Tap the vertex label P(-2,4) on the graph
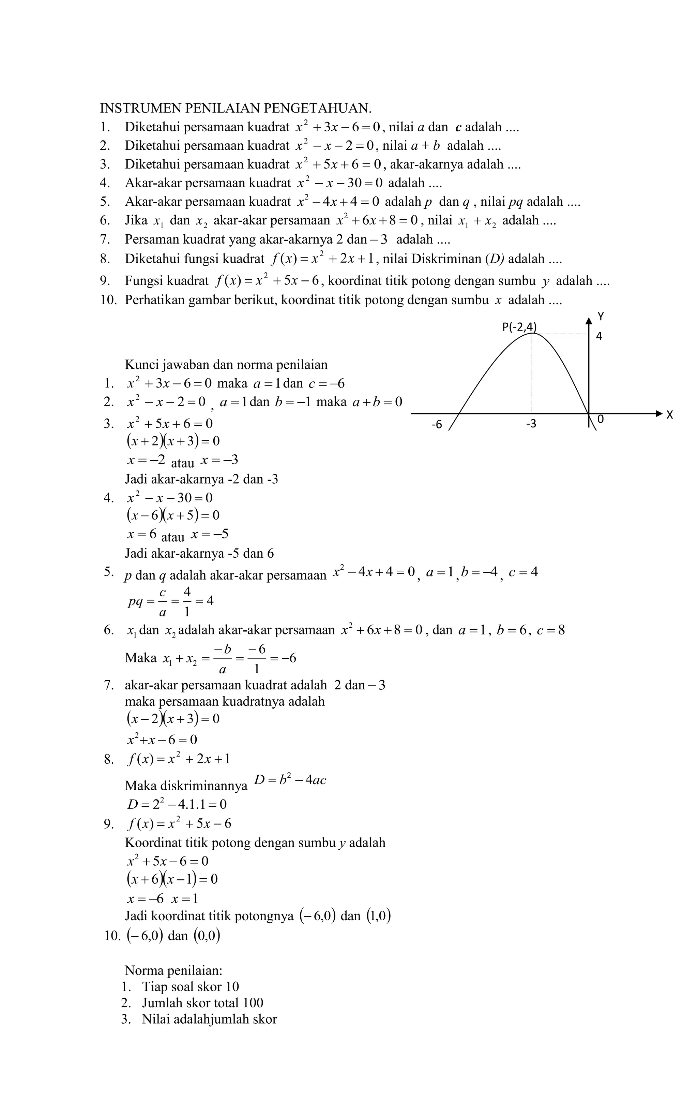pyautogui.click(x=519, y=327)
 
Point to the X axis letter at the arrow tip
pyautogui.click(x=669, y=415)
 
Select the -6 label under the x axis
pyautogui.click(x=437, y=425)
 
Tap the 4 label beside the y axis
pyautogui.click(x=599, y=337)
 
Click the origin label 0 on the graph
pyautogui.click(x=601, y=419)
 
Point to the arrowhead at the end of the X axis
pyautogui.click(x=659, y=413)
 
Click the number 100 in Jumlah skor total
pyautogui.click(x=253, y=1003)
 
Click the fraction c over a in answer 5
pyautogui.click(x=162, y=601)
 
